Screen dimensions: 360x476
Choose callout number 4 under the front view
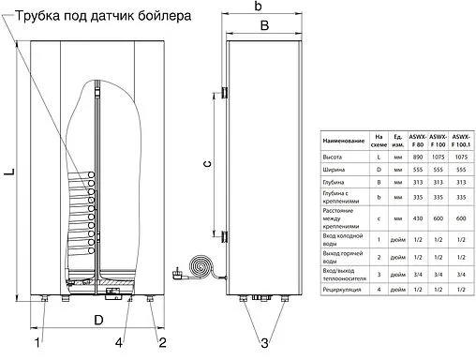[x=118, y=342]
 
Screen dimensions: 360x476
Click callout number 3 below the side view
[x=265, y=342]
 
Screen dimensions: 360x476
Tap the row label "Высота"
[x=330, y=158]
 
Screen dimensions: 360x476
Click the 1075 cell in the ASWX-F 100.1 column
[x=460, y=158]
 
